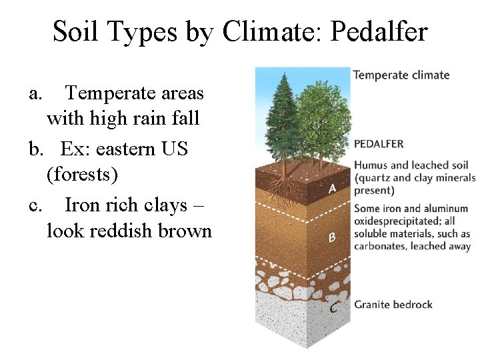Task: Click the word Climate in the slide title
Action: (269, 31)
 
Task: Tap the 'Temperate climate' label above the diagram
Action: (401, 75)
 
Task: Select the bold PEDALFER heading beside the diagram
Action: (378, 144)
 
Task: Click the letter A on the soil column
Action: (332, 189)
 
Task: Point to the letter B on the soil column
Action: (331, 237)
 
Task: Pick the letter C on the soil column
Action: (333, 307)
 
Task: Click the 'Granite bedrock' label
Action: (393, 305)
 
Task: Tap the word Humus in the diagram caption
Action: (371, 165)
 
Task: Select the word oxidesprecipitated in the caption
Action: (394, 221)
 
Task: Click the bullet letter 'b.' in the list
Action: (37, 148)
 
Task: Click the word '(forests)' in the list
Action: (82, 175)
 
